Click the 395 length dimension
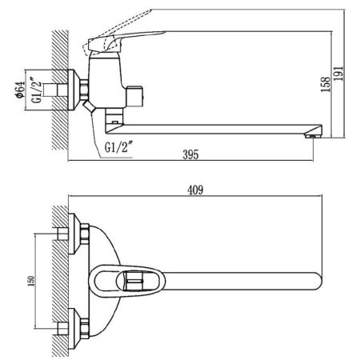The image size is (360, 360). pos(190,152)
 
